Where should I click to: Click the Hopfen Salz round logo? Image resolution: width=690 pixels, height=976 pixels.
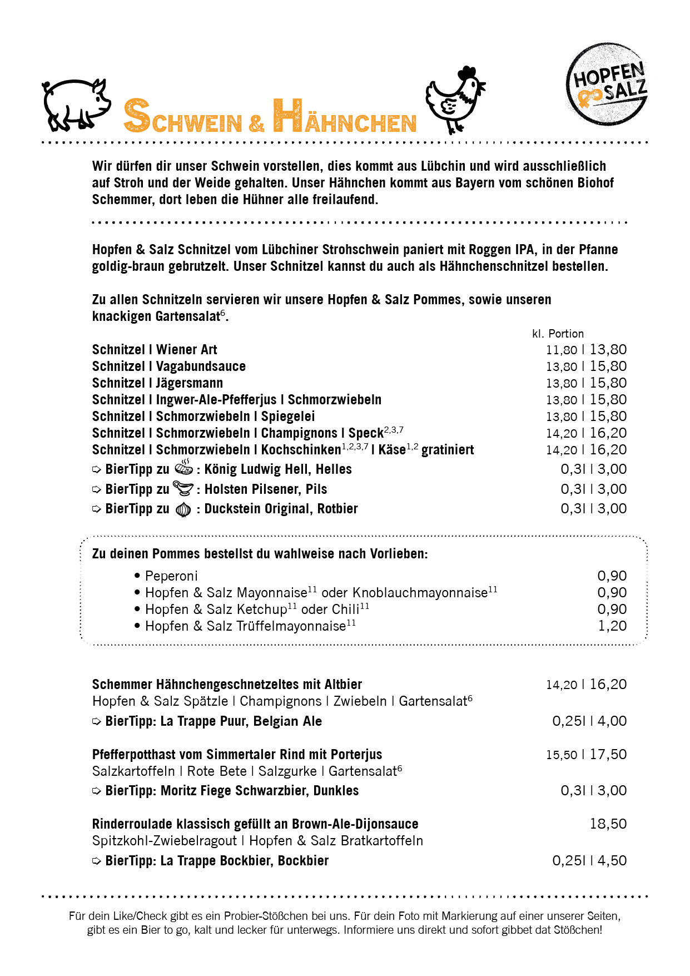click(607, 84)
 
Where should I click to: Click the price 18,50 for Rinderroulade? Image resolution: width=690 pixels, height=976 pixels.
click(608, 824)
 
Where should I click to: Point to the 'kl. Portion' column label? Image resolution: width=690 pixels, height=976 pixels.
click(558, 334)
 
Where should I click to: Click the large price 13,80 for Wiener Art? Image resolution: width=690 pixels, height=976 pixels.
click(608, 350)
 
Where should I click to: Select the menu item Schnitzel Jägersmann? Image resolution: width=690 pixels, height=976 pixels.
click(157, 383)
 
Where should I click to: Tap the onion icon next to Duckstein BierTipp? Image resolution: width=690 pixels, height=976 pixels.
click(183, 509)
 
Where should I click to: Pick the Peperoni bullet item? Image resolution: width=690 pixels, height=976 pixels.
click(171, 576)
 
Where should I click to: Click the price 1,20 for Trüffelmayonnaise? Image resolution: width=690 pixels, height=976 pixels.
click(612, 626)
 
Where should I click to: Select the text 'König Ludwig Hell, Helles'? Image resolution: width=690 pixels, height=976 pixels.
click(278, 469)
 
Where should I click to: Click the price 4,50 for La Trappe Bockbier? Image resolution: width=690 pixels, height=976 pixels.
click(612, 861)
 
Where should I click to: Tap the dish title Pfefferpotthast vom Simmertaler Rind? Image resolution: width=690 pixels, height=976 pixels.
click(237, 755)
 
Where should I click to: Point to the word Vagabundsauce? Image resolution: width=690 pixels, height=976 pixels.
click(201, 366)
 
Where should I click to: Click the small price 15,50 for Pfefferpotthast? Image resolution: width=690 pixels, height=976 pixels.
click(562, 755)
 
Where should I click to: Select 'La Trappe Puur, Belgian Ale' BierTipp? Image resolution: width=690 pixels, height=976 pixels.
click(241, 721)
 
